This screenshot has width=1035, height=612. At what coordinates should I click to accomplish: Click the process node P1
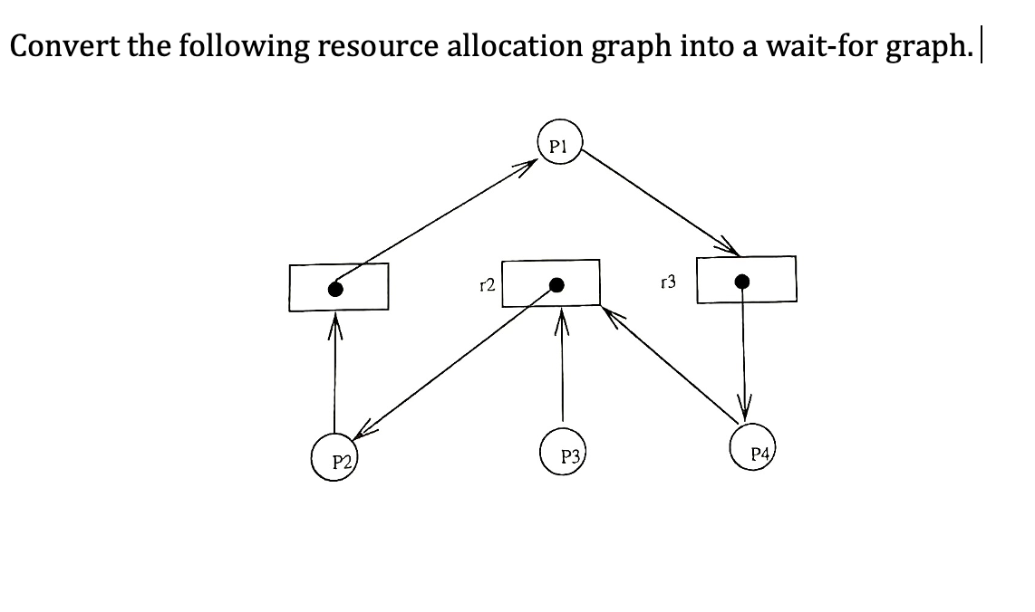pos(558,144)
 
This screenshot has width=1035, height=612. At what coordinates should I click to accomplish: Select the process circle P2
pos(336,459)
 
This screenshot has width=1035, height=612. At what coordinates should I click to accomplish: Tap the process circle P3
pos(563,454)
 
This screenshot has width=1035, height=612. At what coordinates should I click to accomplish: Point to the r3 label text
pos(669,283)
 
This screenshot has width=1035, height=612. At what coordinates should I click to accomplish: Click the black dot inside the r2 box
pos(557,285)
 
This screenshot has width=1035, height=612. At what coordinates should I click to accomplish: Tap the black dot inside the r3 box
pos(742,282)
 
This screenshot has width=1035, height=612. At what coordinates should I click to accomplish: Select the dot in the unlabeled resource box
pos(335,290)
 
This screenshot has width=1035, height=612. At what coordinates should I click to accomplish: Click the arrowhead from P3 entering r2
pos(562,316)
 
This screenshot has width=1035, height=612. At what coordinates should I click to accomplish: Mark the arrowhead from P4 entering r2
pos(612,313)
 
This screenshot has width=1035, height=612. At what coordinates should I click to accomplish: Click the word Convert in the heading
pos(63,45)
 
